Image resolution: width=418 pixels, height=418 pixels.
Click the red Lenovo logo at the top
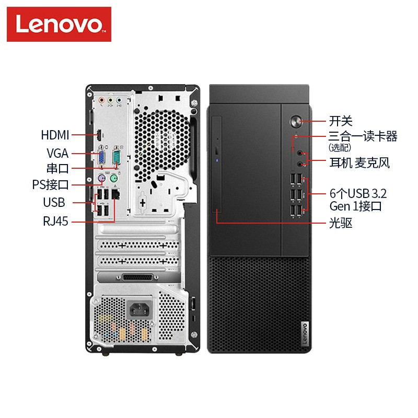(59, 24)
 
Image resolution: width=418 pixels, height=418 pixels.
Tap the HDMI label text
(55, 135)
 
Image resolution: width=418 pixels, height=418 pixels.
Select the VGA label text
(57, 153)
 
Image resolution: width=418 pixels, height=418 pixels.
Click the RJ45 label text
(56, 221)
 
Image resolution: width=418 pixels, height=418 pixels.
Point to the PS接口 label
(50, 184)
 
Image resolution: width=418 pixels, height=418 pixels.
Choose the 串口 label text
(57, 168)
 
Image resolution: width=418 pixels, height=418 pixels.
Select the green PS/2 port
(114, 178)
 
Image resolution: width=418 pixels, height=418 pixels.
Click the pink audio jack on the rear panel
(101, 100)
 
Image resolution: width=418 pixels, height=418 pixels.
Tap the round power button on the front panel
(296, 121)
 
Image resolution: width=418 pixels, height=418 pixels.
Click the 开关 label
(341, 121)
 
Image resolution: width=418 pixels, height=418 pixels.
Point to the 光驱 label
(341, 223)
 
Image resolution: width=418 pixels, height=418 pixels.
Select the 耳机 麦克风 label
(359, 163)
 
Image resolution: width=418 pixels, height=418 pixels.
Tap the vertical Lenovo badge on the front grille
(305, 334)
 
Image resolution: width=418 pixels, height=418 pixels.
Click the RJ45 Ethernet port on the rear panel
(115, 193)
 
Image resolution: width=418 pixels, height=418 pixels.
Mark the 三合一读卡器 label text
(363, 136)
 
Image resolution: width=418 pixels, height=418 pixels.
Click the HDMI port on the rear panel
(99, 135)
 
